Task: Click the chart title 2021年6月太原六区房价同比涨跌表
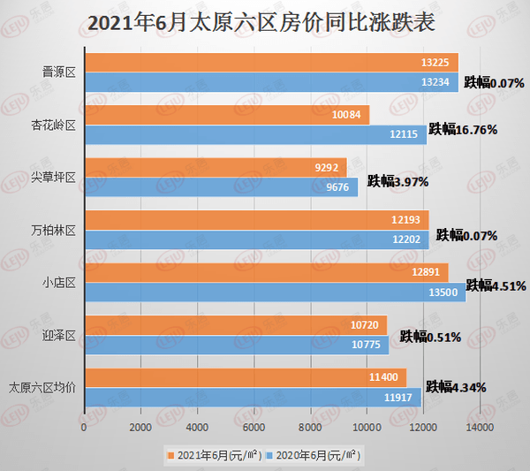[265, 20]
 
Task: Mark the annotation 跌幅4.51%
[496, 285]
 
